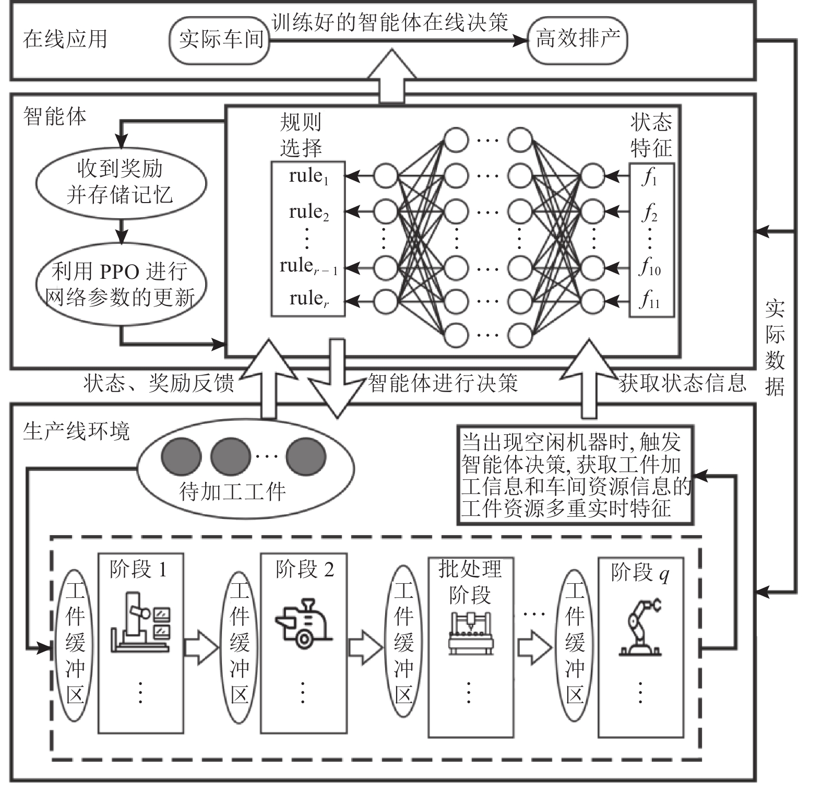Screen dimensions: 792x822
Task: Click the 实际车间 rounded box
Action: tap(220, 40)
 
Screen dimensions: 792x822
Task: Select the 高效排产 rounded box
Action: tap(577, 40)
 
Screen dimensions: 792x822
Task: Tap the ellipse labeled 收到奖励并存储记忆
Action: tap(121, 182)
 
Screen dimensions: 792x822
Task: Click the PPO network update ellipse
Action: tap(121, 285)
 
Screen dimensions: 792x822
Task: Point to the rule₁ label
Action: tap(308, 176)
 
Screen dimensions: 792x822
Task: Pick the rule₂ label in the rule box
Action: tap(308, 212)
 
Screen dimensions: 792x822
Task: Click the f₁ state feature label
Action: tap(650, 178)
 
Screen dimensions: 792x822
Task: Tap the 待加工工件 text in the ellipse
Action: tap(233, 491)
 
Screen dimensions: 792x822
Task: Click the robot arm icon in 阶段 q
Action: tap(640, 629)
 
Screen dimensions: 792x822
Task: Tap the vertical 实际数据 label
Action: tap(775, 348)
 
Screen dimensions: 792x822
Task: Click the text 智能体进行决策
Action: tap(443, 383)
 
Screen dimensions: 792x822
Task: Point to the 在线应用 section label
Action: tap(65, 39)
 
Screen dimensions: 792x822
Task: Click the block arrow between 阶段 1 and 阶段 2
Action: tap(200, 647)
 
